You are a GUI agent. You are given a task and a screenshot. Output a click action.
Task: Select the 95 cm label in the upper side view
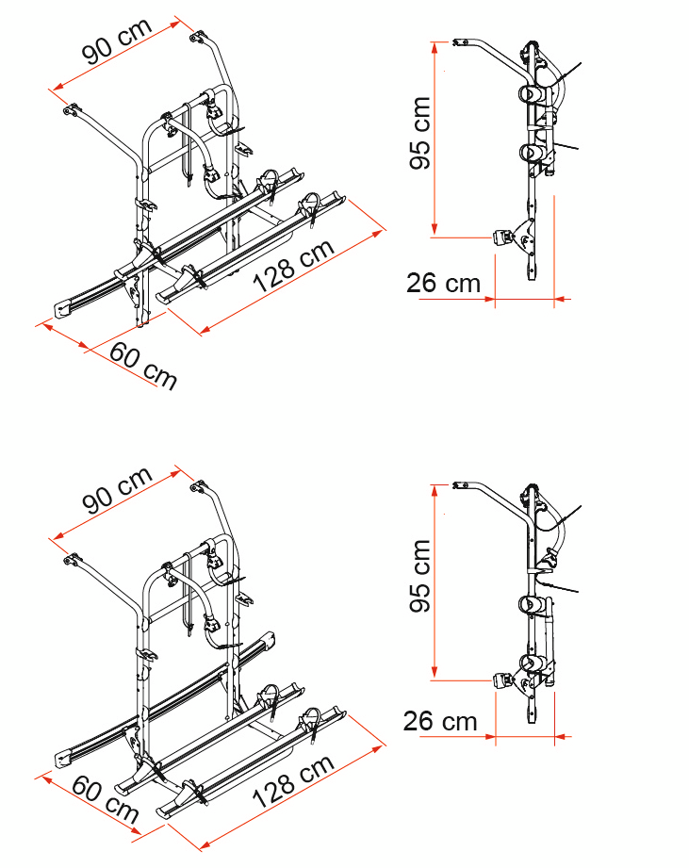click(x=420, y=133)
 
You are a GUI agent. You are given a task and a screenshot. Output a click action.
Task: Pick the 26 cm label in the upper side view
click(x=443, y=282)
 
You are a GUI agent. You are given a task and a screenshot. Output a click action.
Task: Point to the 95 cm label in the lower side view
click(x=420, y=576)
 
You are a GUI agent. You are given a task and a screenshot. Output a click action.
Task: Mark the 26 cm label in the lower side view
click(x=440, y=722)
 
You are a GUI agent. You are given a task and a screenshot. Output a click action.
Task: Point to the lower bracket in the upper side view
click(x=509, y=237)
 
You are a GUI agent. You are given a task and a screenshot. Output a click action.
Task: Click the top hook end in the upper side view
click(x=461, y=41)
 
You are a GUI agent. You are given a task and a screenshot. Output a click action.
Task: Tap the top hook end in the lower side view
click(x=461, y=484)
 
